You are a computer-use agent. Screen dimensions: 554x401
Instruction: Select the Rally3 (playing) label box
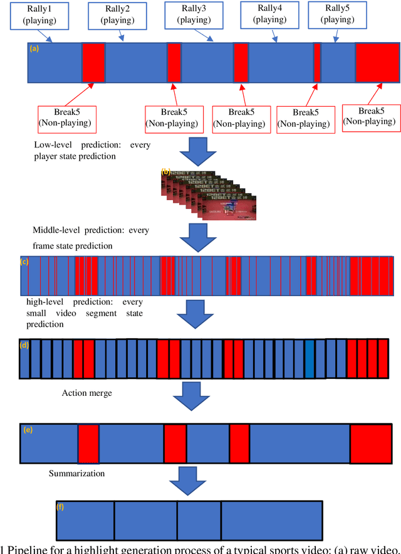coord(189,14)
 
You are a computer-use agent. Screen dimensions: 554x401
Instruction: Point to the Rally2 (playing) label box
coord(113,14)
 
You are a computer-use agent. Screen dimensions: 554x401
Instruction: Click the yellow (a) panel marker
coord(34,48)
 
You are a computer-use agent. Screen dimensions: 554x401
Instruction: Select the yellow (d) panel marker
coord(25,345)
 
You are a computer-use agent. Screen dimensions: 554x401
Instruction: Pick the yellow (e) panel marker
coord(27,430)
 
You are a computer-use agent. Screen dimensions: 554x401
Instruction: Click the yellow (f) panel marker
coord(60,506)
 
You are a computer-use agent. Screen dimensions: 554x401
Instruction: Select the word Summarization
coord(77,473)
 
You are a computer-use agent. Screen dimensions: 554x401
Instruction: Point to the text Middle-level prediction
coord(81,230)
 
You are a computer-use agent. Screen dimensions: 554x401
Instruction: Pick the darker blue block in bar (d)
coord(309,359)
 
